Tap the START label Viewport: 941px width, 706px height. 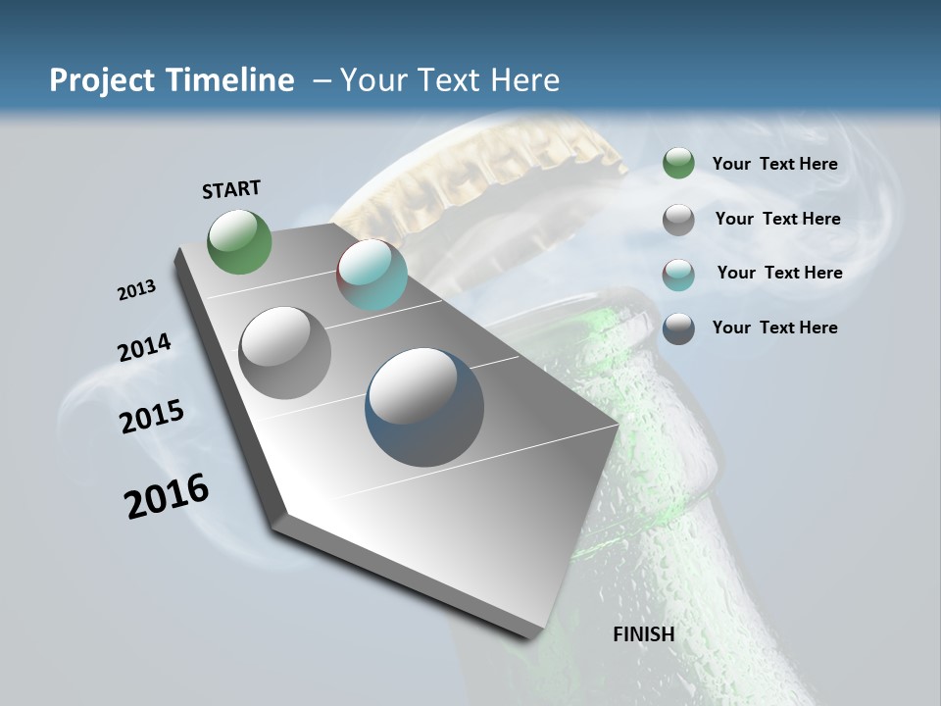pyautogui.click(x=231, y=189)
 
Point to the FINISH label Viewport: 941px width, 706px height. pyautogui.click(x=644, y=634)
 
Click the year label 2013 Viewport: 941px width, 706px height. pyautogui.click(x=137, y=290)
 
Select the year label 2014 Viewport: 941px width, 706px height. pyautogui.click(x=145, y=347)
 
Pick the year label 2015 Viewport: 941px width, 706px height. pyautogui.click(x=152, y=416)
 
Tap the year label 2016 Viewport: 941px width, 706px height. pyautogui.click(x=167, y=495)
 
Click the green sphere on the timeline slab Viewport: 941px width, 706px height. pyautogui.click(x=239, y=241)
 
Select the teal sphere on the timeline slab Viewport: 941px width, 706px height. pyautogui.click(x=371, y=276)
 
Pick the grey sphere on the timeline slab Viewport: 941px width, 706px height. pyautogui.click(x=285, y=353)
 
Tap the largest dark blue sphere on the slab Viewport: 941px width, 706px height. pyautogui.click(x=424, y=407)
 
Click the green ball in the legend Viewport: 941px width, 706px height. pyautogui.click(x=678, y=164)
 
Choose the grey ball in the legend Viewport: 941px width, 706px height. pyautogui.click(x=678, y=220)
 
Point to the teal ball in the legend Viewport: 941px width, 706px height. pyautogui.click(x=678, y=275)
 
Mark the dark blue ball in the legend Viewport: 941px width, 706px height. pyautogui.click(x=678, y=328)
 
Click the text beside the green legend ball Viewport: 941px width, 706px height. pyautogui.click(x=775, y=164)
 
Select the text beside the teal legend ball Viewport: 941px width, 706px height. pyautogui.click(x=779, y=273)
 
